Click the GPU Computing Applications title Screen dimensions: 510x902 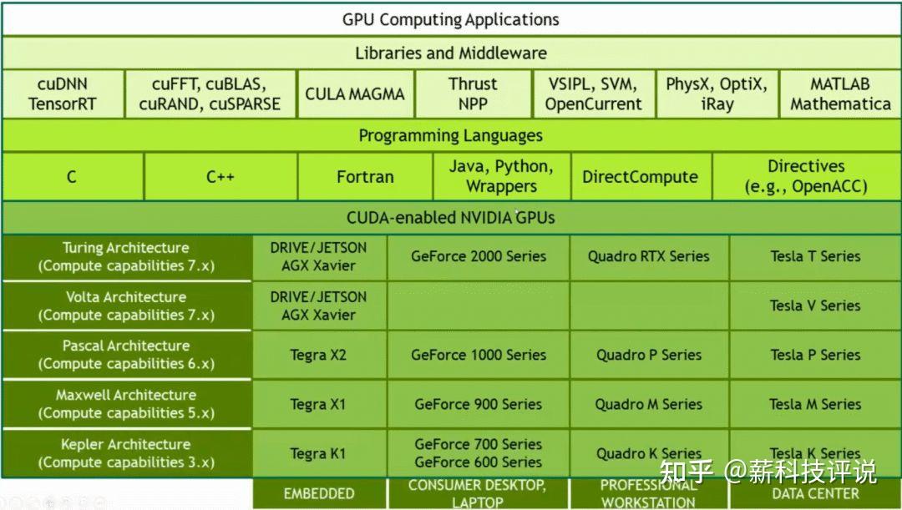(450, 19)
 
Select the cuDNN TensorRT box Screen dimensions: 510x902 (63, 93)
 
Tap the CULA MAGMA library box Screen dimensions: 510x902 (354, 93)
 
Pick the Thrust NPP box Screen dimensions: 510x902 (473, 93)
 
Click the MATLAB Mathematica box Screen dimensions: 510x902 (840, 93)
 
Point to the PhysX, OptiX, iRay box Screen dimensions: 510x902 (717, 93)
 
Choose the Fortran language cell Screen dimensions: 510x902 (365, 177)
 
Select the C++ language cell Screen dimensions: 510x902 (220, 177)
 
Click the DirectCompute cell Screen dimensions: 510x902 (640, 177)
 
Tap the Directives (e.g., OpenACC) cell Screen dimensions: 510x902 (806, 177)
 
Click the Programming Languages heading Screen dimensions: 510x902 (450, 135)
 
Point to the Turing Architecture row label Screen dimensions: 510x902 (126, 257)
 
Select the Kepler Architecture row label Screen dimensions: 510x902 (126, 453)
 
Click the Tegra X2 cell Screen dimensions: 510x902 (318, 355)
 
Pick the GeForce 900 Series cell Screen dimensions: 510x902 (478, 404)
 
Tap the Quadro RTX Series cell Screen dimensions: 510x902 (648, 256)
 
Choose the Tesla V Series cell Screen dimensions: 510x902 (815, 305)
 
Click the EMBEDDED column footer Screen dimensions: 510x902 (318, 493)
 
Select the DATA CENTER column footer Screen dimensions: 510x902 (815, 493)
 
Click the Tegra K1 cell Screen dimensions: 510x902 (318, 453)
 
